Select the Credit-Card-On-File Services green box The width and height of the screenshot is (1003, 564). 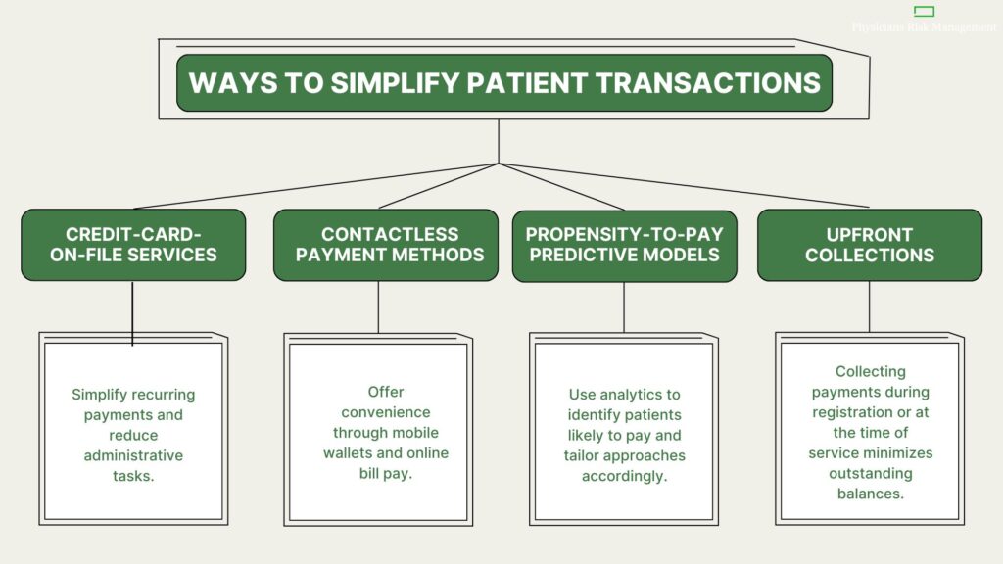133,245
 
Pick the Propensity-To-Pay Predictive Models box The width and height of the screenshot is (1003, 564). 624,245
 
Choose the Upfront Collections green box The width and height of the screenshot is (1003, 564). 869,245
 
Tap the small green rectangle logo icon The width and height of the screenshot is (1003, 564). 924,12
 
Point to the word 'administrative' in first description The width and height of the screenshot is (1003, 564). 133,455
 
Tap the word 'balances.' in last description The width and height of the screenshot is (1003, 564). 869,494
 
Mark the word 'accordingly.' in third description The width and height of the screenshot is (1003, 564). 624,477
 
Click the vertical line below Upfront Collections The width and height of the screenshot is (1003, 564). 869,306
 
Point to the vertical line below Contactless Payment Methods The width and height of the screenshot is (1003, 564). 378,306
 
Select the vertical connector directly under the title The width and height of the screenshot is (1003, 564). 499,140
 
